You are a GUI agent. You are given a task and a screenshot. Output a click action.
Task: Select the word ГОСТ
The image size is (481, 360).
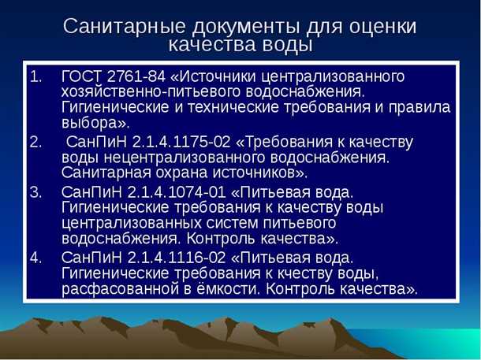tap(81, 76)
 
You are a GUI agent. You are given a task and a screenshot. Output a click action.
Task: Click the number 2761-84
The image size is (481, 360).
tap(136, 76)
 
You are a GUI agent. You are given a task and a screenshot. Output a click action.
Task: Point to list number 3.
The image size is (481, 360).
tap(37, 191)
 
